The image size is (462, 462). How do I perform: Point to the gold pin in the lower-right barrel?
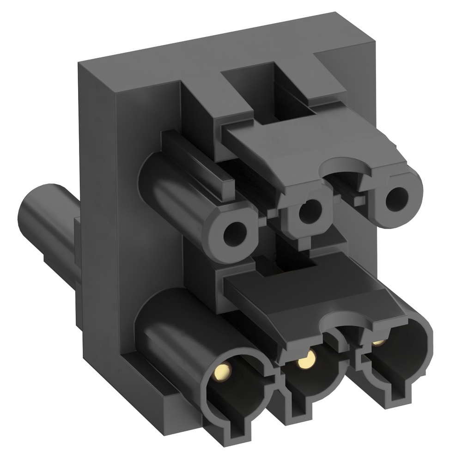(379, 342)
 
